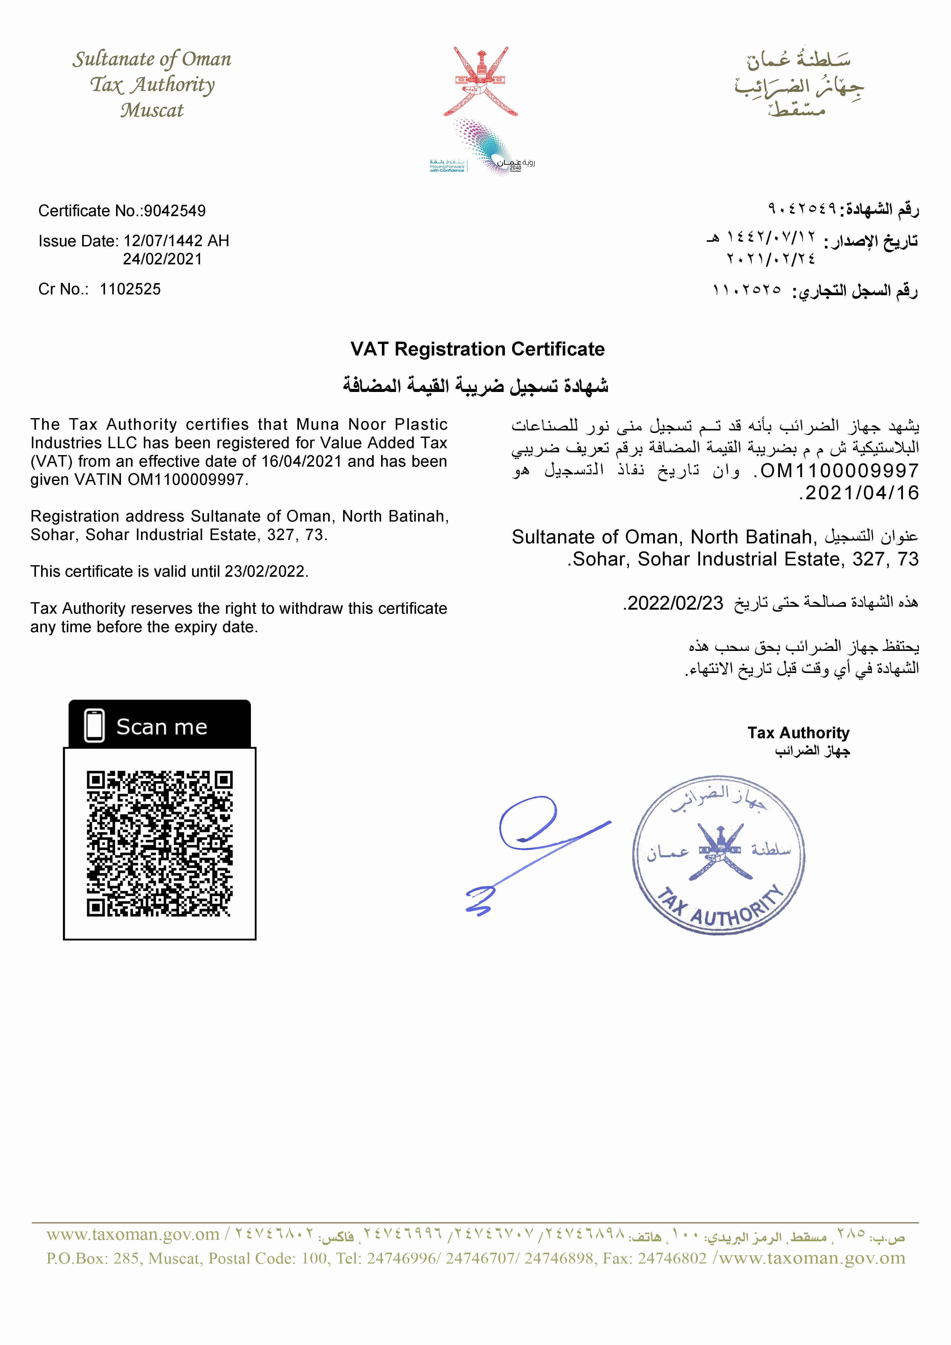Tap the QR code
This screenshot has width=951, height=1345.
point(159,843)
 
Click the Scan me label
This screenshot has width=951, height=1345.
point(162,727)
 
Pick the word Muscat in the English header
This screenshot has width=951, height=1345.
point(152,110)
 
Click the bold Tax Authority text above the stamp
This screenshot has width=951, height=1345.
point(798,733)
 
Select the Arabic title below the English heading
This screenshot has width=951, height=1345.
point(476,386)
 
